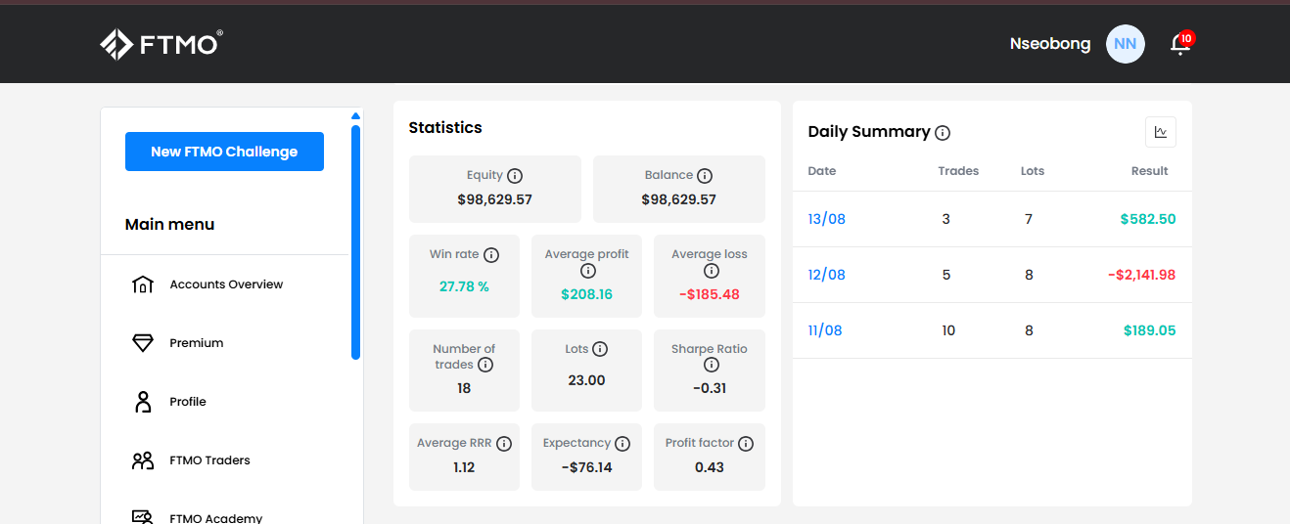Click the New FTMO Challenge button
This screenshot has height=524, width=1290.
[224, 152]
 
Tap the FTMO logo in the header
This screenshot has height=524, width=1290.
[161, 44]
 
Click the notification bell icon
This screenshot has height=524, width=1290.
[1180, 44]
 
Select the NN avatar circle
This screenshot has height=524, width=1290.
[1125, 44]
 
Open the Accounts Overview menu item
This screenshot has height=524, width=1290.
[226, 284]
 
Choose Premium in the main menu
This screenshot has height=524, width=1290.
[196, 343]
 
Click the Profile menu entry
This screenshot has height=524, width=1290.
[187, 402]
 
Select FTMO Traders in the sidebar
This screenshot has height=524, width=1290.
[209, 460]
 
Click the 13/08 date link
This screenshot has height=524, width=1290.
[826, 219]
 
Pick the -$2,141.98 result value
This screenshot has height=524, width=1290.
[1141, 275]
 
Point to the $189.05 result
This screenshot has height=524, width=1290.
[1149, 330]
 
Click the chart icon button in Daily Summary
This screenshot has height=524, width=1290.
[1161, 132]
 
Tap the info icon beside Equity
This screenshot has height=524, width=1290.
[515, 175]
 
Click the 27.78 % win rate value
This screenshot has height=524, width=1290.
[464, 286]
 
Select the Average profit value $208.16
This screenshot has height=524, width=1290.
[587, 294]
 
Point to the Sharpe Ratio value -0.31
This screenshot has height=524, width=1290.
[710, 388]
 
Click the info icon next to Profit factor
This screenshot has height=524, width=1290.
[746, 444]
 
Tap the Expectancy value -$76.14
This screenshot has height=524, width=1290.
[587, 467]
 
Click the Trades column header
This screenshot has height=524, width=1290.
[958, 171]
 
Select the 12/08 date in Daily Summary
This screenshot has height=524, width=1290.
[826, 275]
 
